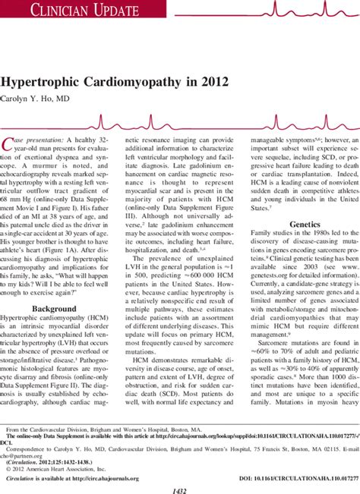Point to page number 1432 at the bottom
pos(179,488)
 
